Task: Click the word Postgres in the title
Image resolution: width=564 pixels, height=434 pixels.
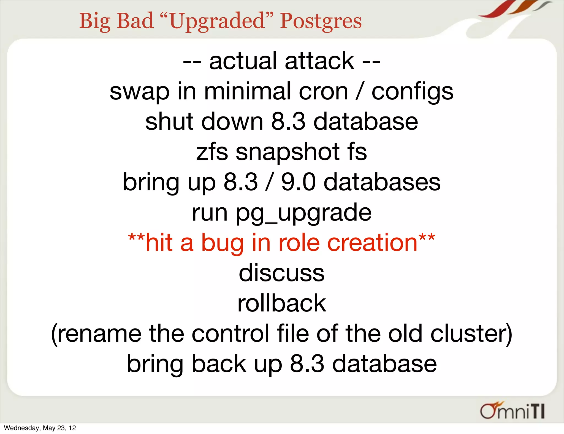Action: (321, 21)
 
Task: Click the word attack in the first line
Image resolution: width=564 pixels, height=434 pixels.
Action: (319, 61)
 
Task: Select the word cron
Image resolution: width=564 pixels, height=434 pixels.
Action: (323, 92)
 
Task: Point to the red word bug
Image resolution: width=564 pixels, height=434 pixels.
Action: (223, 243)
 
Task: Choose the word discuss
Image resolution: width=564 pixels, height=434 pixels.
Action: (281, 273)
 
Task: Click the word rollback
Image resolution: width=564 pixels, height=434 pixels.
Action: (281, 303)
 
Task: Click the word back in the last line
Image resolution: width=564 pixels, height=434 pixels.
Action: (219, 364)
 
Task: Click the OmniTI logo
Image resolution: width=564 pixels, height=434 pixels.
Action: (512, 411)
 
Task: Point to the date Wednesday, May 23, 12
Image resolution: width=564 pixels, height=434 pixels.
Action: (40, 428)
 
